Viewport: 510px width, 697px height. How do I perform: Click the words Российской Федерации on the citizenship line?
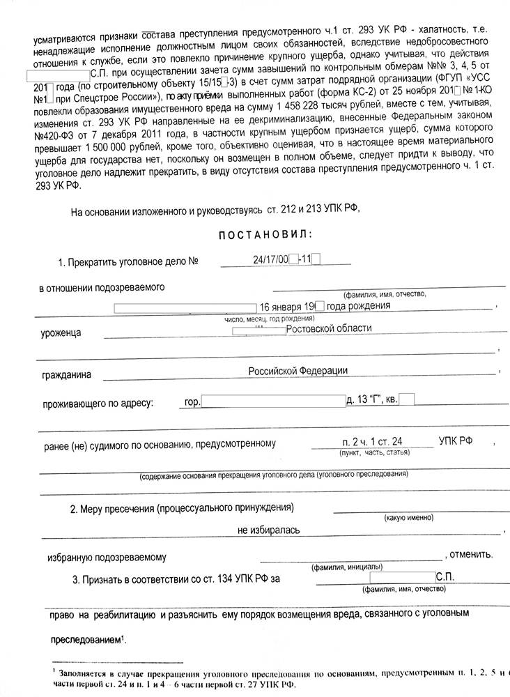(x=298, y=372)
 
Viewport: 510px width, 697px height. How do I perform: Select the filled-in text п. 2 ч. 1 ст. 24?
(x=371, y=441)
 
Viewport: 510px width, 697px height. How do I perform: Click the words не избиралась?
(x=269, y=530)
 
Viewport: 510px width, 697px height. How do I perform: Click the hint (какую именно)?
(x=409, y=518)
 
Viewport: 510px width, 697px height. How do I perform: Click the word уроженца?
(x=61, y=332)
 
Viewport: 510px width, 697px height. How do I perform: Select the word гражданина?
(x=66, y=375)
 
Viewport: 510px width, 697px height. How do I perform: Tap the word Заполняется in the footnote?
(x=86, y=674)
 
